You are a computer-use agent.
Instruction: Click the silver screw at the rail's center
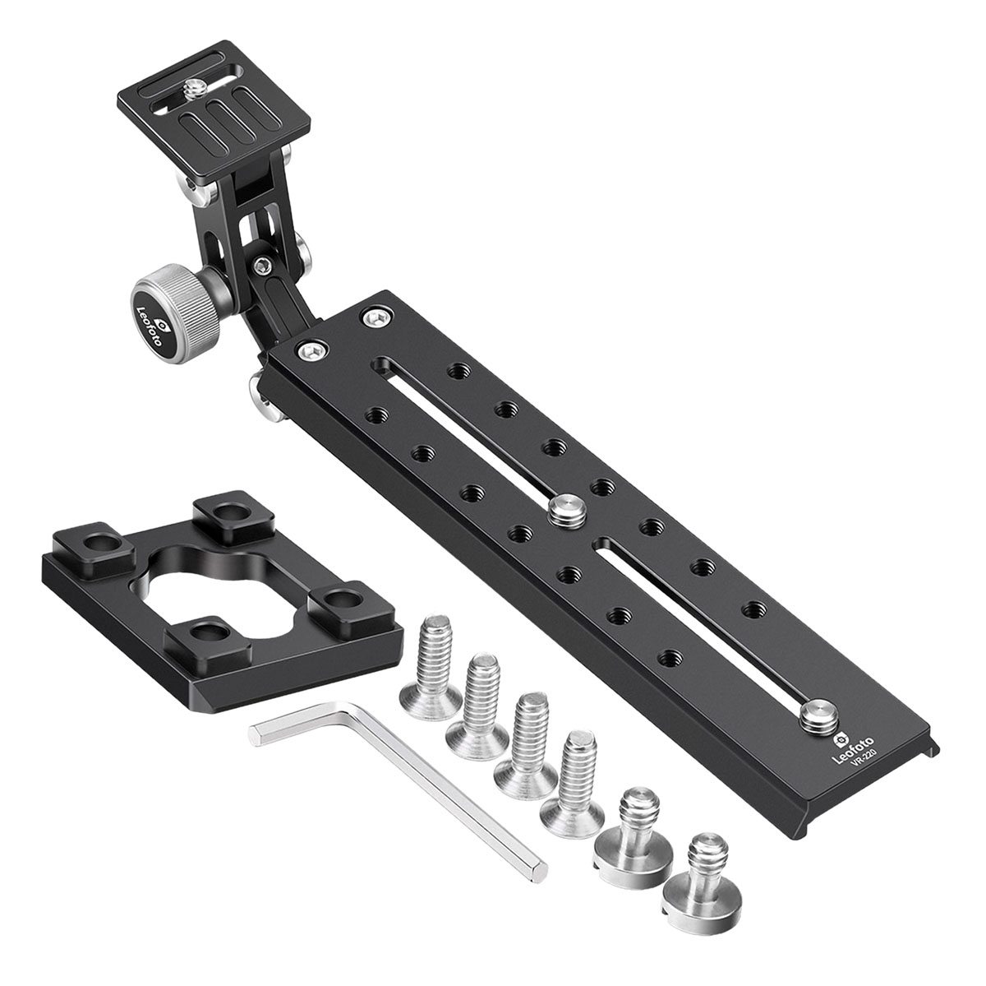[x=566, y=509]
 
